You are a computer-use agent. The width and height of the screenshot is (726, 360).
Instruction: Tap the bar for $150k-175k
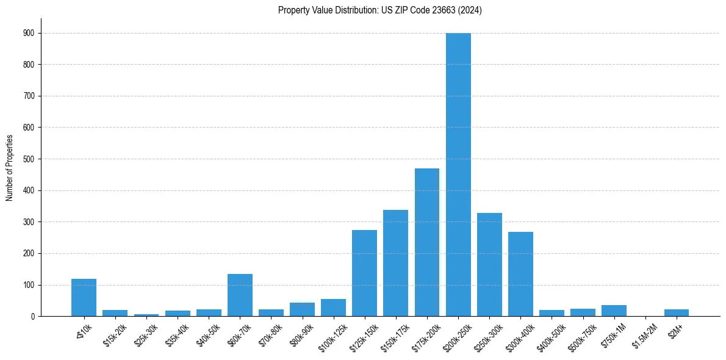[x=395, y=263]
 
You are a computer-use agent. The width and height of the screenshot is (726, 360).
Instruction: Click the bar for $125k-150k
[x=364, y=273]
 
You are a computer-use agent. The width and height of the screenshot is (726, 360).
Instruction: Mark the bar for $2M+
[x=676, y=313]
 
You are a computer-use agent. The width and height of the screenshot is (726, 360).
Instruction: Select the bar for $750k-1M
[x=614, y=311]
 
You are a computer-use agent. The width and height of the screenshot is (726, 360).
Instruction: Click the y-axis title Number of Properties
[x=9, y=168]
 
